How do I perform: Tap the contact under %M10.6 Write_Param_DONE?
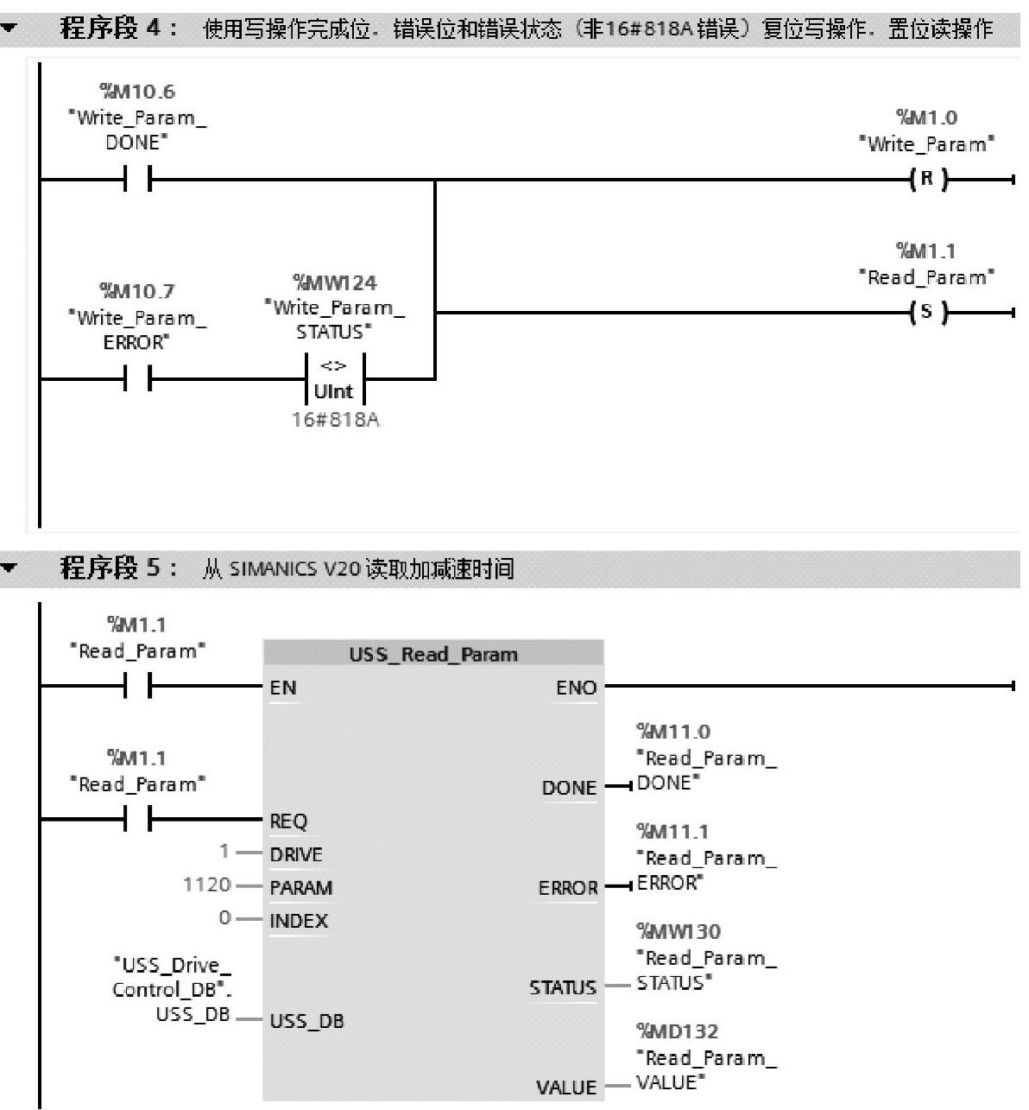tap(138, 180)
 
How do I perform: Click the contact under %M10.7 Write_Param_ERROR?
tap(138, 378)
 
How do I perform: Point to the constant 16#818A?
tap(335, 421)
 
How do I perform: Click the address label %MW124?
tap(335, 282)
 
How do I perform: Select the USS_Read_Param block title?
tap(432, 654)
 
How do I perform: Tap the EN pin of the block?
tap(283, 688)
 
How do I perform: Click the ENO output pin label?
tap(576, 688)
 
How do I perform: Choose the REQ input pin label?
tap(288, 821)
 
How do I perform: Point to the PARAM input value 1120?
tap(207, 885)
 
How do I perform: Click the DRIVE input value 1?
tap(224, 852)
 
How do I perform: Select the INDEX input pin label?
tap(299, 921)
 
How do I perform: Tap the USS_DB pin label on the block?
tap(306, 1021)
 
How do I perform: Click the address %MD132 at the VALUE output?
tap(678, 1031)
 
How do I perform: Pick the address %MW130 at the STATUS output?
tap(679, 931)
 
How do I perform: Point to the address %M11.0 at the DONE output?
tap(673, 732)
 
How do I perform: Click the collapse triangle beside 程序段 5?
tap(10, 568)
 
